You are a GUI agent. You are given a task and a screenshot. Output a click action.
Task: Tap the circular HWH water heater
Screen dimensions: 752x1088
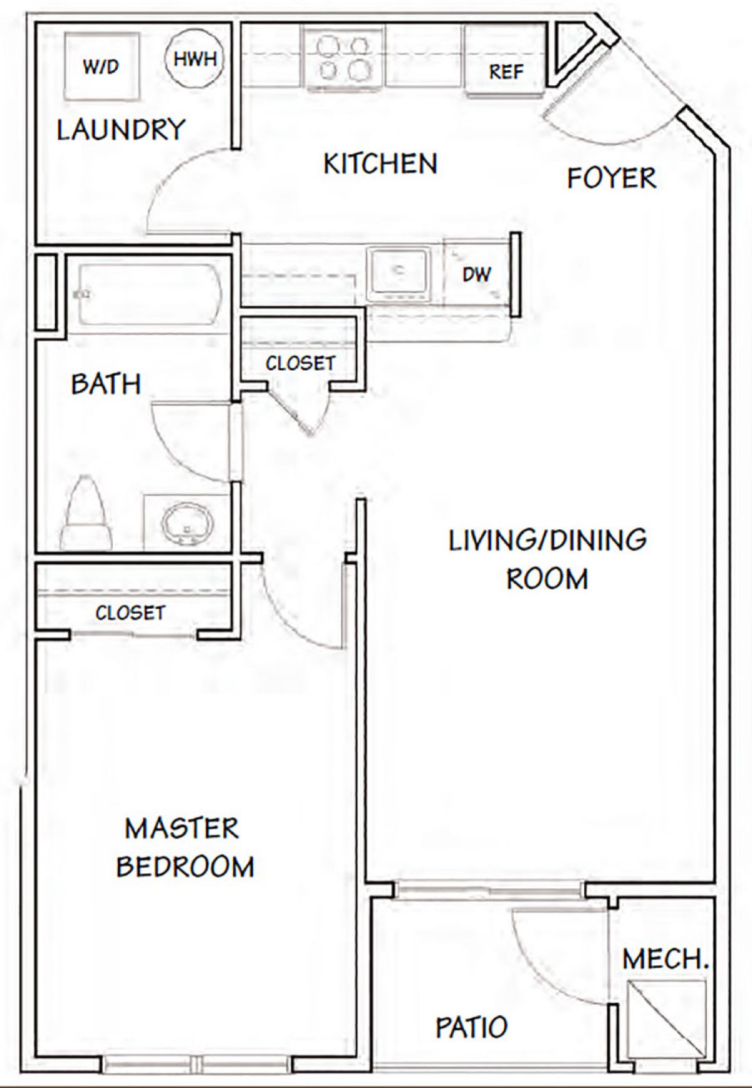(195, 59)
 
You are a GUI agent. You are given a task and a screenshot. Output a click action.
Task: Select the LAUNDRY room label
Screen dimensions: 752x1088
(121, 130)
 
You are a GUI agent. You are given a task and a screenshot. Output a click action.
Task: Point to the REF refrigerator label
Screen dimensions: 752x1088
(506, 71)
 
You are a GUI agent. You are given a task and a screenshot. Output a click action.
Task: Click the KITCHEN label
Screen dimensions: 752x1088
(380, 164)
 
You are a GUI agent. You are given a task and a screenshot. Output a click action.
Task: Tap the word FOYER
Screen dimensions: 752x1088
(611, 179)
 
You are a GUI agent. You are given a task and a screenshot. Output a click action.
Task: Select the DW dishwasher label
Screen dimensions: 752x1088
(476, 273)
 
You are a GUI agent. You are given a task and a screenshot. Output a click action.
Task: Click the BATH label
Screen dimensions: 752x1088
(106, 384)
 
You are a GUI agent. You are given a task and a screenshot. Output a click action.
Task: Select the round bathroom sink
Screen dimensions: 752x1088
(187, 521)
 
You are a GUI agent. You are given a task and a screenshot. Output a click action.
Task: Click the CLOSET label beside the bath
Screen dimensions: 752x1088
(300, 363)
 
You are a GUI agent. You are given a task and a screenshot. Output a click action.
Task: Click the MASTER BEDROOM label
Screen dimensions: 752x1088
(185, 847)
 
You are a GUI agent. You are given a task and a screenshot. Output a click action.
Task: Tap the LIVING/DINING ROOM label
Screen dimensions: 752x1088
(547, 559)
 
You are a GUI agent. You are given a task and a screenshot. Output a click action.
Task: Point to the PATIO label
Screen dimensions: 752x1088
(471, 1027)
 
